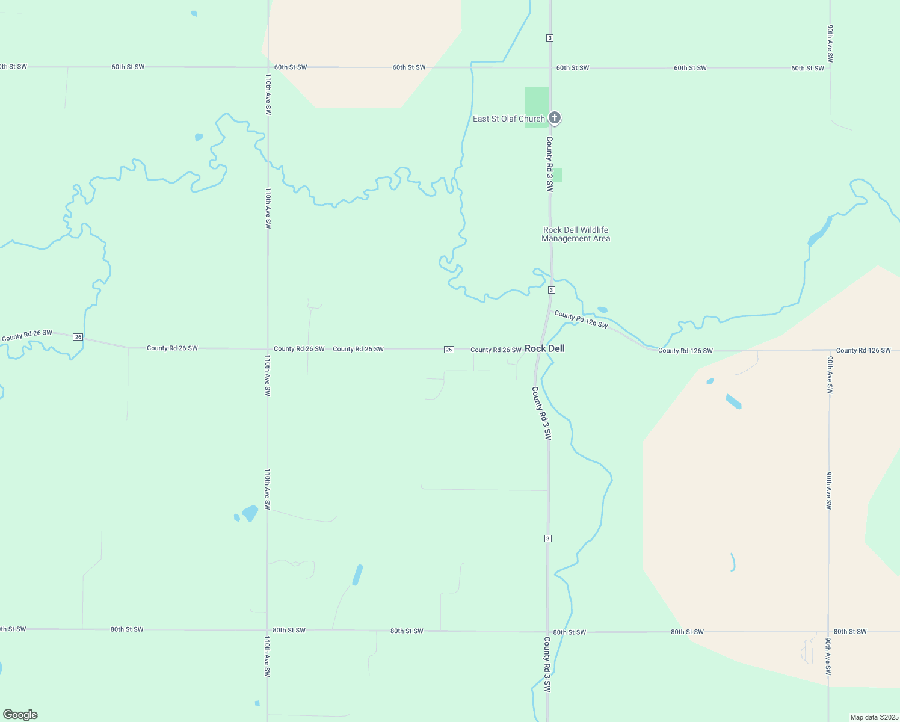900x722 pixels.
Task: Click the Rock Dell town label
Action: coord(544,348)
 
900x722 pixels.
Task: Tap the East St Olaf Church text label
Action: coord(508,119)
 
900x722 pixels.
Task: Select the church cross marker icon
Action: coord(555,117)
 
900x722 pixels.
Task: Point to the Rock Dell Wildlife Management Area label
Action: coord(576,234)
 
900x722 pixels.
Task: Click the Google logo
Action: coord(20,715)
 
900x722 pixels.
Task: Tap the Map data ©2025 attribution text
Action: coord(874,717)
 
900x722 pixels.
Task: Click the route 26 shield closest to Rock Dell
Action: coord(449,350)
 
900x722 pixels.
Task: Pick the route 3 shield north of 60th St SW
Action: coord(550,38)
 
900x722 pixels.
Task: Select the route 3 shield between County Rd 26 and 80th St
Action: coord(547,538)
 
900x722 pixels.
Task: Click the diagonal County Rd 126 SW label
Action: coord(581,319)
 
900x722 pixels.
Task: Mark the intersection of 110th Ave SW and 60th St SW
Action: coord(268,67)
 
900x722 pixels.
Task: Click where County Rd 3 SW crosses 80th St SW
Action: coord(547,632)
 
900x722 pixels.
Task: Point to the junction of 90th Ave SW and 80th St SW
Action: coord(828,631)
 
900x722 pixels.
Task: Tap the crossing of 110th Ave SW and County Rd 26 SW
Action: coord(267,348)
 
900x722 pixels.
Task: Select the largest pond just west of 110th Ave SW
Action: coord(250,513)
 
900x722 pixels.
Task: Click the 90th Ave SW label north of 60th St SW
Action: coord(830,43)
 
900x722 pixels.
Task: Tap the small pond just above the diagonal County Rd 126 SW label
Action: coord(602,310)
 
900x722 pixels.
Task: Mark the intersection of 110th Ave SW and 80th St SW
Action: coord(267,630)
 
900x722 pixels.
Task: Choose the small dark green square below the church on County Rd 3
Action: coord(557,175)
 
